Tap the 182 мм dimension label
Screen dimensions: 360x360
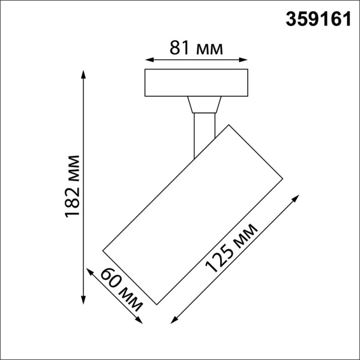tap(73, 186)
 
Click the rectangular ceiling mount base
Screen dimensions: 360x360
tap(196, 82)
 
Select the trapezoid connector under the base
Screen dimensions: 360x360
tap(204, 104)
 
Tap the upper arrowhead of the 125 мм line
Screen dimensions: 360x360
tap(297, 197)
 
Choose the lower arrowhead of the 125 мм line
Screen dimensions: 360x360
tap(172, 320)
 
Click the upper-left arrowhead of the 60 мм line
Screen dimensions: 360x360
tap(88, 271)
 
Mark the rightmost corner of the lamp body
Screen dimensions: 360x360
tap(283, 179)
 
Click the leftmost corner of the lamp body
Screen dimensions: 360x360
tap(103, 251)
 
